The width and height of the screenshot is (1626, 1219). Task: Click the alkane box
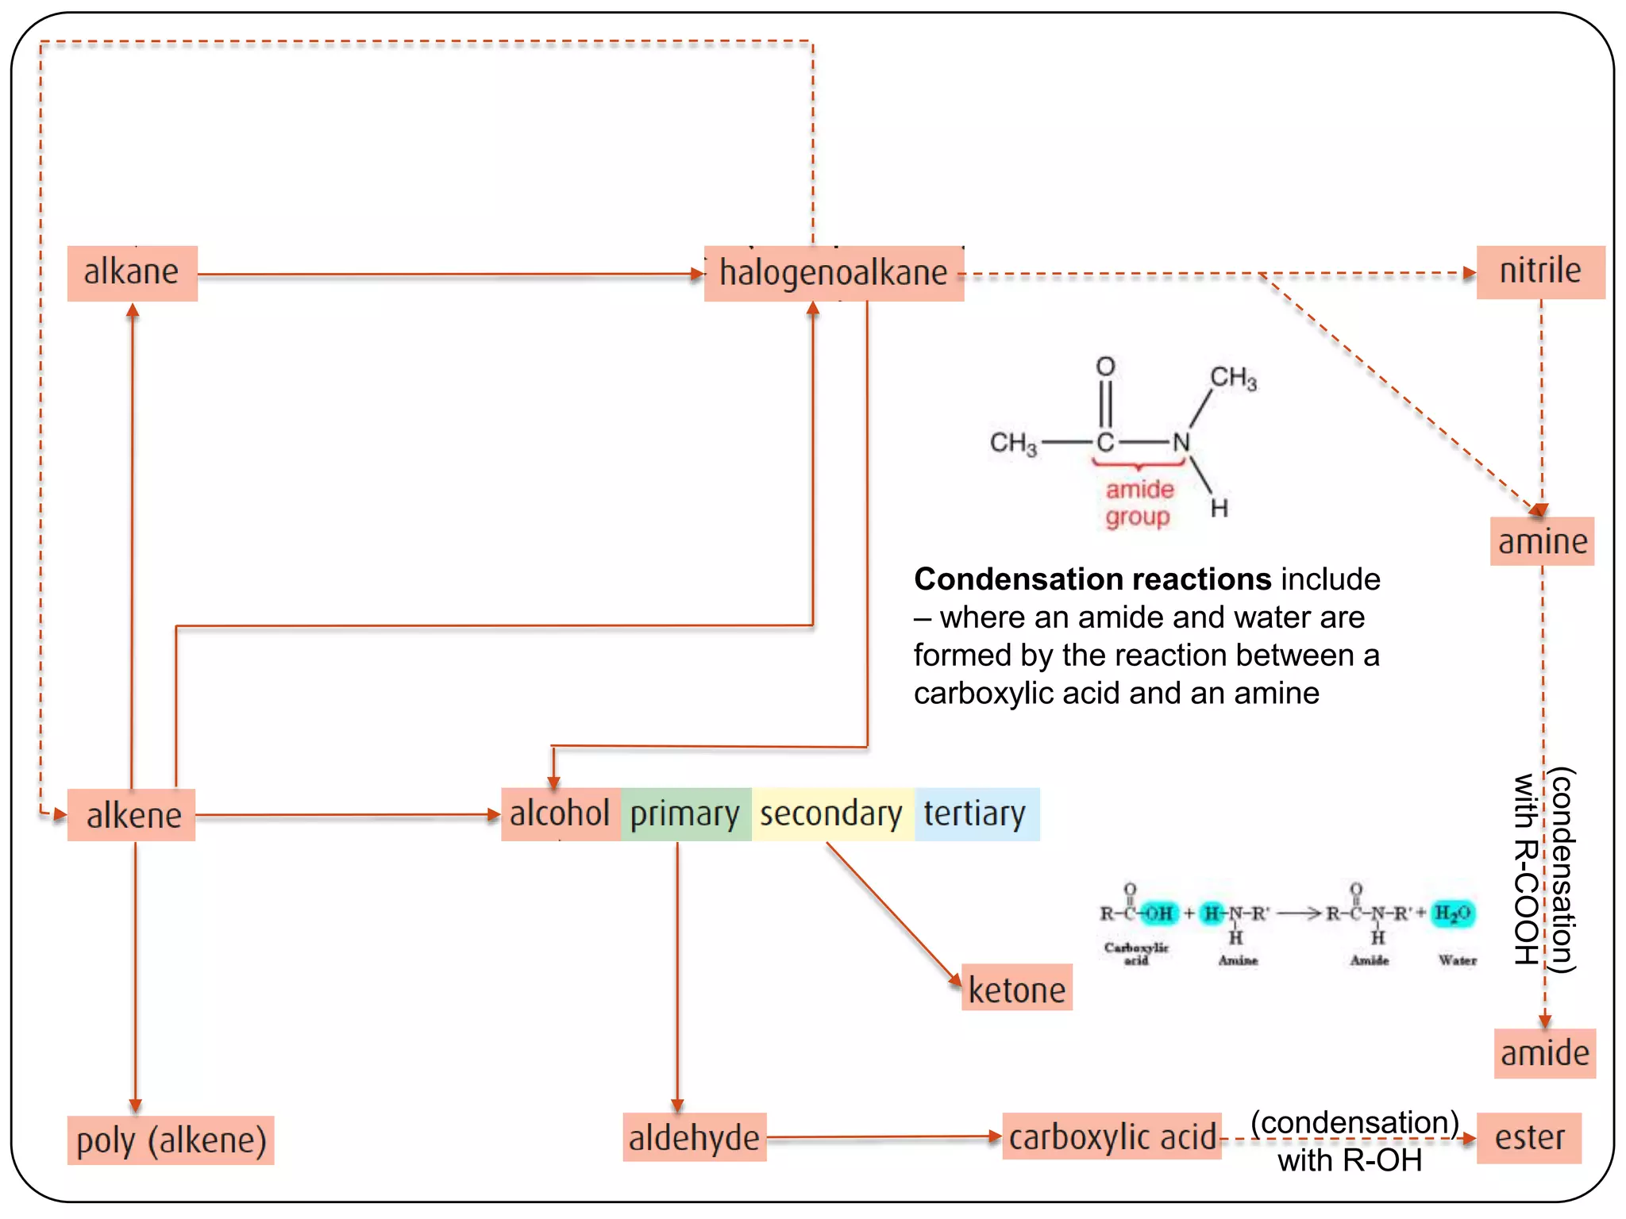point(132,273)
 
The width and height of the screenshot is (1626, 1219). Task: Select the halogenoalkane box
point(834,273)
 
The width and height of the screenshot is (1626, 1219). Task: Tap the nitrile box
point(1540,271)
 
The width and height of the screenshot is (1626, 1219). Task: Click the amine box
point(1542,541)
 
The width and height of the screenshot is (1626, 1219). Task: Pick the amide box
point(1544,1053)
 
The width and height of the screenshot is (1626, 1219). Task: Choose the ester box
point(1528,1137)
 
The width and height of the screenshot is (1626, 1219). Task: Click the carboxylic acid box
point(1112,1136)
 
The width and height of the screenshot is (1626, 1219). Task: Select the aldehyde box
point(694,1137)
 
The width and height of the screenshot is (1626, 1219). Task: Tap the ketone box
point(1016,988)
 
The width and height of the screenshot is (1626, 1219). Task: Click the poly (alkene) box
point(171,1140)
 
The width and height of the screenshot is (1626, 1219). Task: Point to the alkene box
point(132,815)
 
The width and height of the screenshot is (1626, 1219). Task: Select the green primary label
point(685,814)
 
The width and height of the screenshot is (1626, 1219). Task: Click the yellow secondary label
point(831,814)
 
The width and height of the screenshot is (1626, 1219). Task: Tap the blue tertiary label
point(975,814)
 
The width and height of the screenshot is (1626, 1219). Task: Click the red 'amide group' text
point(1139,502)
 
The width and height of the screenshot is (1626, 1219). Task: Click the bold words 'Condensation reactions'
point(1092,579)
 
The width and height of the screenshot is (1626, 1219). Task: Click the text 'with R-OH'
point(1349,1161)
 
